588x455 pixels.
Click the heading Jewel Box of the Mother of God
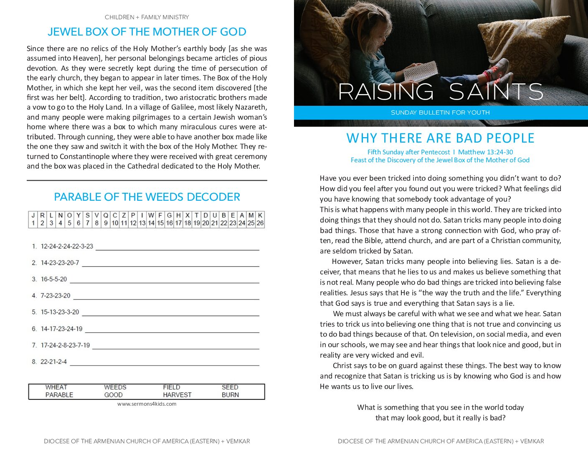[x=147, y=32]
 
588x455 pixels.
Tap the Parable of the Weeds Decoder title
[x=147, y=197]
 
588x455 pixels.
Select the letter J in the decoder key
[x=33, y=215]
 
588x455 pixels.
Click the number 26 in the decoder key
[x=260, y=223]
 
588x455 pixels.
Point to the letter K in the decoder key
[x=260, y=215]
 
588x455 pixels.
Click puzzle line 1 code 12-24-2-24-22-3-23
[x=67, y=246]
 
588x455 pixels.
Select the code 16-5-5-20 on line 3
[x=54, y=279]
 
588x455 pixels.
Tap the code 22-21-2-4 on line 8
[x=54, y=362]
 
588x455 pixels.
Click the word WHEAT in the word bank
[x=56, y=387]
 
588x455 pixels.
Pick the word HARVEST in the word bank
[x=177, y=395]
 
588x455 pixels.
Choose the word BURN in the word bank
[x=230, y=395]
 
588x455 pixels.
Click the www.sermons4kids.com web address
[x=147, y=404]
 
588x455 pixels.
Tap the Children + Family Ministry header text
[x=147, y=17]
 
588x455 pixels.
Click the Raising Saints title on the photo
[x=440, y=92]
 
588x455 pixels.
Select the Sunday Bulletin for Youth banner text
[x=440, y=112]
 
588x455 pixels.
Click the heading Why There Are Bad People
[x=440, y=138]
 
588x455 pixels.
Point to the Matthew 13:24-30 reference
[x=485, y=152]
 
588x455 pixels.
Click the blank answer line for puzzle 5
[x=170, y=315]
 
